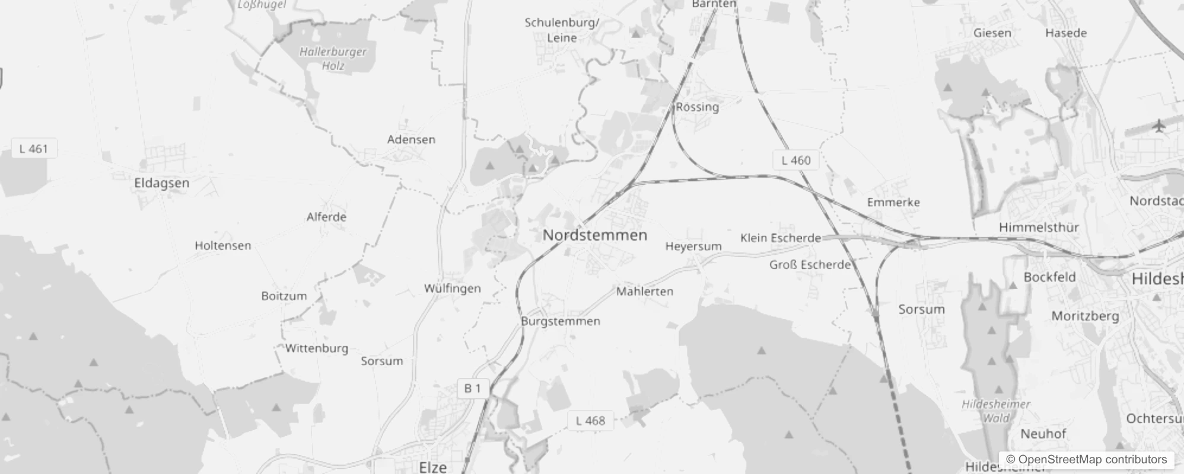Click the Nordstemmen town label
(x=594, y=235)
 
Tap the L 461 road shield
(x=34, y=149)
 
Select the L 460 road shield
(x=795, y=160)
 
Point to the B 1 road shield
(x=473, y=389)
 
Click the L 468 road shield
(x=590, y=421)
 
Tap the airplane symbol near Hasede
(x=1158, y=126)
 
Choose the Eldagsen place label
(x=161, y=183)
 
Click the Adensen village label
(x=411, y=140)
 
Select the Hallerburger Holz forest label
(x=333, y=59)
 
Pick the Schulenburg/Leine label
(x=562, y=30)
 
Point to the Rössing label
(x=698, y=107)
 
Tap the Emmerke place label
(x=893, y=203)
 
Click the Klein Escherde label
(x=780, y=238)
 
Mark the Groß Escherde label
(x=810, y=265)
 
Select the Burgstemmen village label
(x=561, y=321)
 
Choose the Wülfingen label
(x=452, y=289)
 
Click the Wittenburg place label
(x=317, y=348)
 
